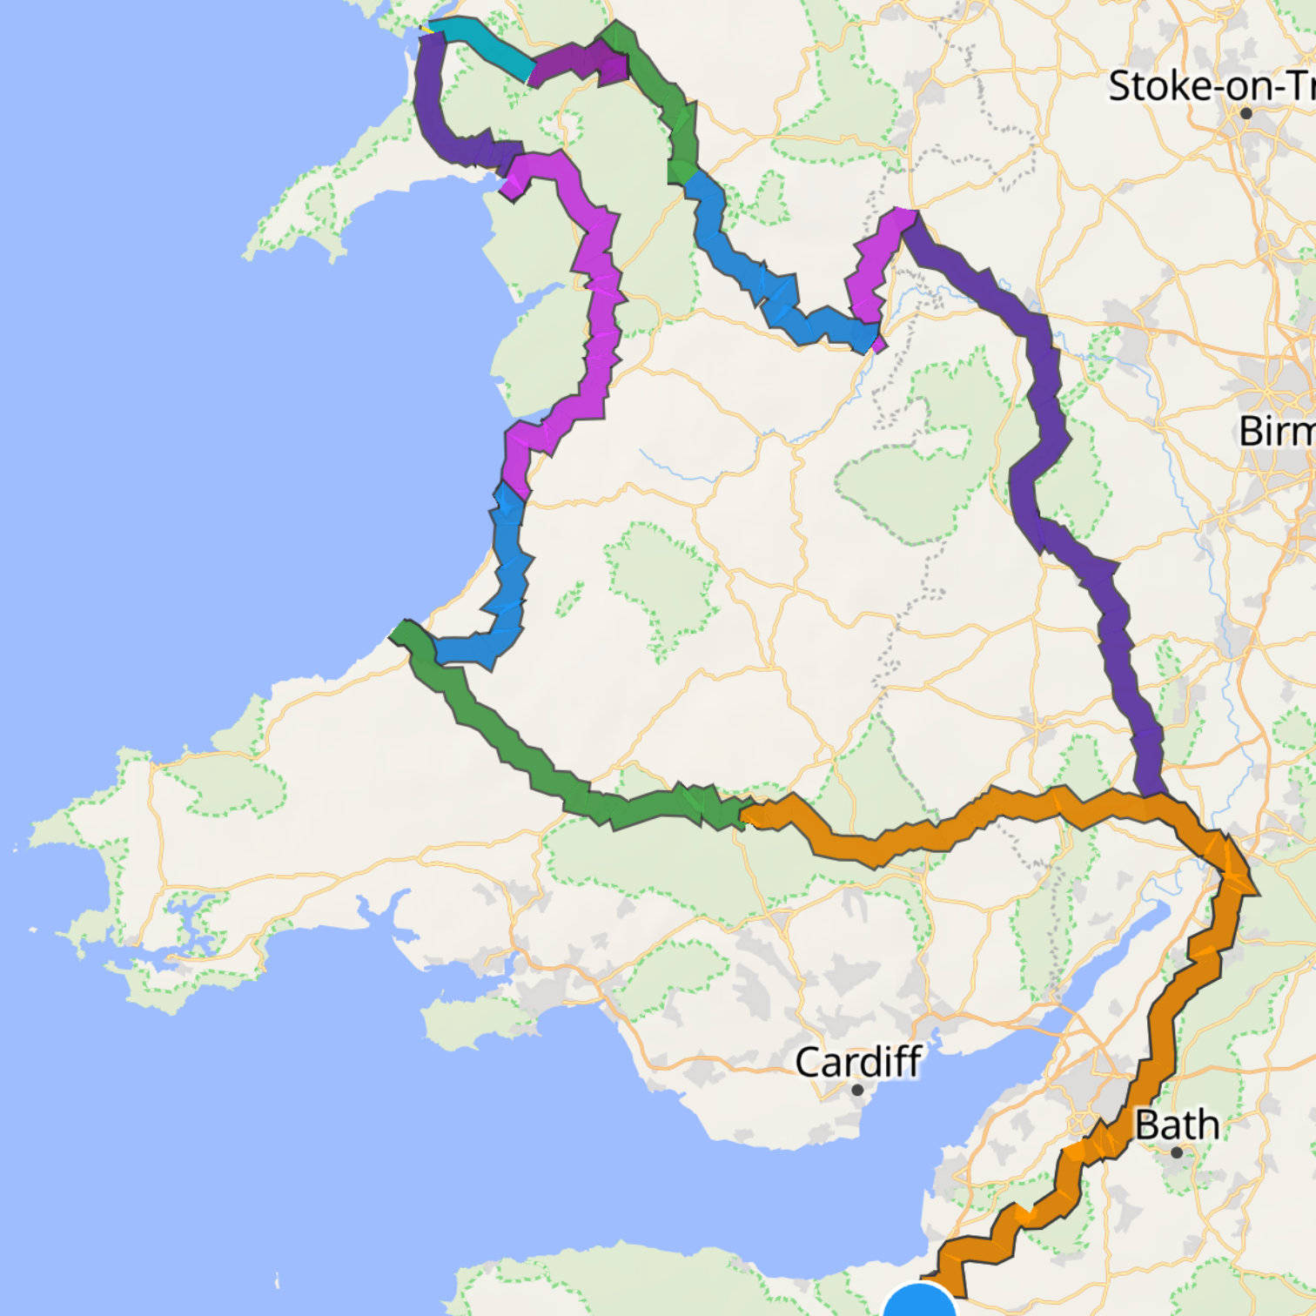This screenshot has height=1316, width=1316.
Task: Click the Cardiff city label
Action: pos(858,1061)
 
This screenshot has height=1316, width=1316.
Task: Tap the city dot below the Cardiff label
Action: pos(857,1090)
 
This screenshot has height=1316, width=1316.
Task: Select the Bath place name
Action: pos(1177,1125)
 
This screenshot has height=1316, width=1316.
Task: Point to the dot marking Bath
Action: pos(1177,1152)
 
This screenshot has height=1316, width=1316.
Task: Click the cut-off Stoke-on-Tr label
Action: pos(1210,86)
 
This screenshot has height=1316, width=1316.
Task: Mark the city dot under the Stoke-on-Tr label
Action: pos(1246,113)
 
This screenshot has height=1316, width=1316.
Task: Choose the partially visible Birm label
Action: pos(1276,431)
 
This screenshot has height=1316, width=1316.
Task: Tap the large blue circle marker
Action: pos(920,1303)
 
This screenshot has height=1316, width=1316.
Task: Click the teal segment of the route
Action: pos(487,49)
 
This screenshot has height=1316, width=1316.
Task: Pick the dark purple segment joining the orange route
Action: pos(1044,435)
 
